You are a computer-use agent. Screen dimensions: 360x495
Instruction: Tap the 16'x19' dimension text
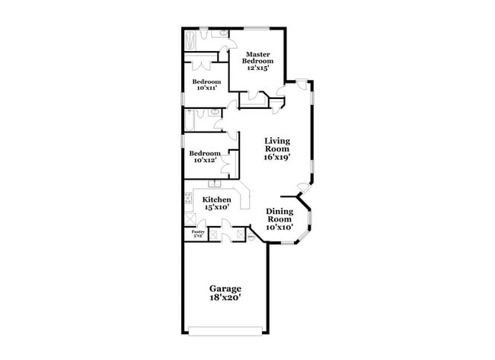pyautogui.click(x=277, y=158)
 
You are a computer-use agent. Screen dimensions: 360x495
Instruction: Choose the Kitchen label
pyautogui.click(x=216, y=199)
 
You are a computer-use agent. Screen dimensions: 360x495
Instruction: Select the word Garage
pyautogui.click(x=225, y=288)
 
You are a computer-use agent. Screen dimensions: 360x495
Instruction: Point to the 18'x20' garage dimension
pyautogui.click(x=225, y=299)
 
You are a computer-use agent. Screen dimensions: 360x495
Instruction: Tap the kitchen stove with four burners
pyautogui.click(x=188, y=201)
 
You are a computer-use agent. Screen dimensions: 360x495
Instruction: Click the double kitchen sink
pyautogui.click(x=214, y=185)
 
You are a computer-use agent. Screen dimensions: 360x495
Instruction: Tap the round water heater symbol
pyautogui.click(x=251, y=237)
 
